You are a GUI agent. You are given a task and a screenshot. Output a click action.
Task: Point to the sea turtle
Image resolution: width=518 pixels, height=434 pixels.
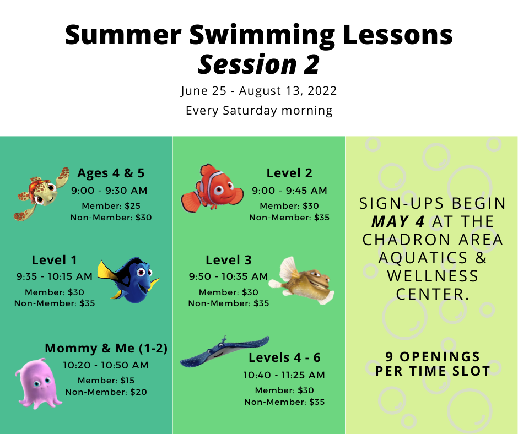pos(41,193)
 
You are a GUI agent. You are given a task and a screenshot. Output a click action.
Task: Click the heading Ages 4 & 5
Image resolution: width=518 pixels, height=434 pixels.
pos(111,173)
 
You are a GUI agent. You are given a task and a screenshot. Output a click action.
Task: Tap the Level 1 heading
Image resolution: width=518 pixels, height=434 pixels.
pos(54,260)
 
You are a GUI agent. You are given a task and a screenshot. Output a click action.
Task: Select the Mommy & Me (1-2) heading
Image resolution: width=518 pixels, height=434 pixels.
pos(106,348)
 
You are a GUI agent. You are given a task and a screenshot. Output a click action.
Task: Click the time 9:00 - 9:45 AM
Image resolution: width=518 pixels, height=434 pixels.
pos(289,191)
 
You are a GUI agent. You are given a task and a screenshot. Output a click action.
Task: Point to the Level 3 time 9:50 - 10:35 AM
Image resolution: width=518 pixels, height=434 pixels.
pos(228,276)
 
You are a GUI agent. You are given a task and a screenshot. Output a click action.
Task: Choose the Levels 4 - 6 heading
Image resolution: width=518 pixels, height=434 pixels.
pos(284,357)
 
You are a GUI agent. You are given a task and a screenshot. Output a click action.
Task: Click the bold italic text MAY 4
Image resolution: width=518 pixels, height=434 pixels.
pos(398,221)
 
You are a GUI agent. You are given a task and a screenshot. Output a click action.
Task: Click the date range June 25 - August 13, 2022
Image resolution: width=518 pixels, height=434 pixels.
pos(258,90)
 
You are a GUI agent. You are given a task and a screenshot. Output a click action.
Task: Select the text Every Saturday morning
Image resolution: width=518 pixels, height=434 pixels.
pos(259,111)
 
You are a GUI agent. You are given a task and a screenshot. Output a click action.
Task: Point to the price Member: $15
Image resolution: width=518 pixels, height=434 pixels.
pos(106,381)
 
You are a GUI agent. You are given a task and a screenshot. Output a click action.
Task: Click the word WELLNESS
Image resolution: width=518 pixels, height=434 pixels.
pos(433,276)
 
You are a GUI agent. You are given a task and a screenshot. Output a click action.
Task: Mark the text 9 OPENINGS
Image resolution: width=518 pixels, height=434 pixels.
pos(433,357)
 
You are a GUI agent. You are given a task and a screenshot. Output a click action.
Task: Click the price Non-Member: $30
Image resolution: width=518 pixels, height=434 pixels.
pos(111,218)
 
